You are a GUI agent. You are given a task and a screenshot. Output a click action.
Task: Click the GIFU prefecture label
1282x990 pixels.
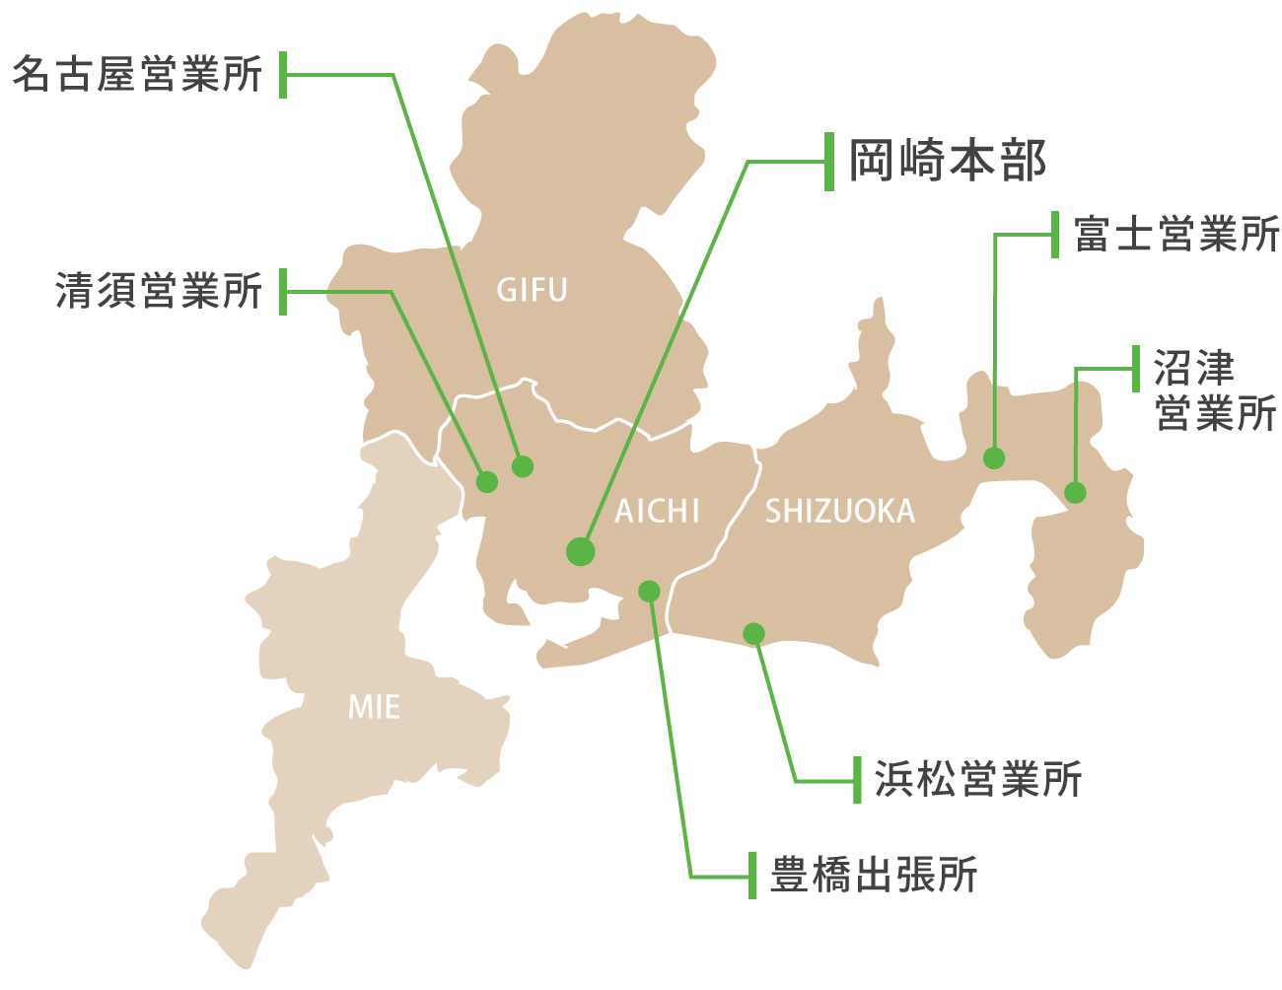pyautogui.click(x=532, y=290)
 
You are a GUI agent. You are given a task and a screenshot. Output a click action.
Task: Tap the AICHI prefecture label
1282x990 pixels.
pyautogui.click(x=657, y=511)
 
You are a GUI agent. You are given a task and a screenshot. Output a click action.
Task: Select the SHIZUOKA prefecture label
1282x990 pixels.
pyautogui.click(x=840, y=511)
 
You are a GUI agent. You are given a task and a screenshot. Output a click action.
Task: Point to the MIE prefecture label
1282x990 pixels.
pyautogui.click(x=374, y=707)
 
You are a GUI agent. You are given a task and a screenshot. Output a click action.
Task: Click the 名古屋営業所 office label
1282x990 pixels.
pyautogui.click(x=138, y=74)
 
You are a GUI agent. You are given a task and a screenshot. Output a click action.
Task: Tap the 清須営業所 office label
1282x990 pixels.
pyautogui.click(x=159, y=291)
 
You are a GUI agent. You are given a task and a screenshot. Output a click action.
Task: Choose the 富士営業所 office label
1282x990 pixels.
pyautogui.click(x=1176, y=234)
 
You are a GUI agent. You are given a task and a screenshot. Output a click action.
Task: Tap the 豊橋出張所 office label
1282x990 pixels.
pyautogui.click(x=874, y=875)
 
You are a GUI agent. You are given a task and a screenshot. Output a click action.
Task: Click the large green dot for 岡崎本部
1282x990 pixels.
pyautogui.click(x=581, y=551)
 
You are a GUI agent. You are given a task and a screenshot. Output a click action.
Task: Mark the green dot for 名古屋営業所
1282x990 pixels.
pyautogui.click(x=523, y=466)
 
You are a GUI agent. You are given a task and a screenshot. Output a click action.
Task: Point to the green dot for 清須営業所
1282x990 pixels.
pyautogui.click(x=487, y=482)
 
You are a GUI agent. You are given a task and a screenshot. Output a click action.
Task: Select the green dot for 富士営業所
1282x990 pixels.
pyautogui.click(x=994, y=458)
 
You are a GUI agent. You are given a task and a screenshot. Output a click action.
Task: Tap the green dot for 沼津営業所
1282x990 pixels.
pyautogui.click(x=1076, y=492)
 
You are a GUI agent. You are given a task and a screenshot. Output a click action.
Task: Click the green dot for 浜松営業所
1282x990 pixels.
pyautogui.click(x=754, y=634)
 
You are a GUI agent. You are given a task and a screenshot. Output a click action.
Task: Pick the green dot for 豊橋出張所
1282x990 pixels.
pyautogui.click(x=649, y=591)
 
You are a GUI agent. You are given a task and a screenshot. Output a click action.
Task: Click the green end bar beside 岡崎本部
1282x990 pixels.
pyautogui.click(x=829, y=162)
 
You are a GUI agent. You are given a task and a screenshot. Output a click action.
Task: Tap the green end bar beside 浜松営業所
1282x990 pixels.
pyautogui.click(x=857, y=781)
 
